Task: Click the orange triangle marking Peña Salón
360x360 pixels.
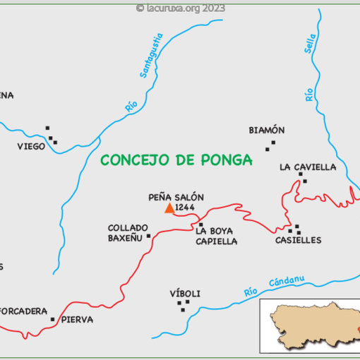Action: (x=169, y=208)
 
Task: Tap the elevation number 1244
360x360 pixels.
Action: (x=185, y=208)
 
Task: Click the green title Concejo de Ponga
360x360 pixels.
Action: (x=176, y=160)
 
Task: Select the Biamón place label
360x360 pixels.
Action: (x=267, y=131)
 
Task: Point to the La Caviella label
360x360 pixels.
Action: (x=308, y=167)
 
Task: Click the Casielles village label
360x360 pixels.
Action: (x=298, y=240)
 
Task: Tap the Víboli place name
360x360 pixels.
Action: (x=186, y=294)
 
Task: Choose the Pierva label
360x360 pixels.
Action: (x=77, y=320)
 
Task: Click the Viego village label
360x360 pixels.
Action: (x=31, y=147)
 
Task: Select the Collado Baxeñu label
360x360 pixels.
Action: (x=128, y=233)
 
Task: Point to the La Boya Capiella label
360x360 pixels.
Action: (x=217, y=236)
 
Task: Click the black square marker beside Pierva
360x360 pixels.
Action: (x=53, y=319)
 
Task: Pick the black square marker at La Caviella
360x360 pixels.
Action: (x=304, y=181)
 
